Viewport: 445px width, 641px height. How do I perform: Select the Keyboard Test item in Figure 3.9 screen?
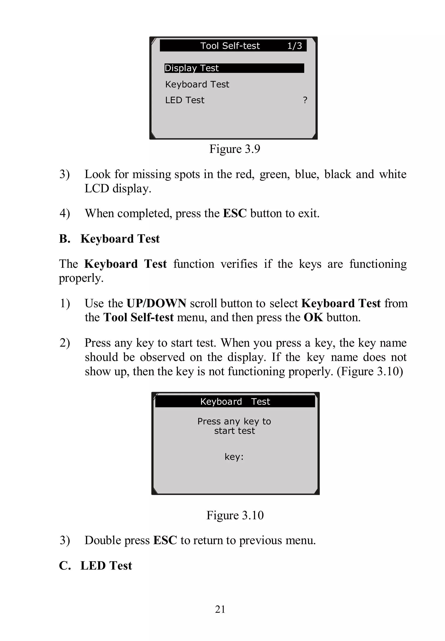[197, 84]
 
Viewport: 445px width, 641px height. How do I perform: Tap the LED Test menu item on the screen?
[184, 100]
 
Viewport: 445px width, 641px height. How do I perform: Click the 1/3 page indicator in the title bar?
[294, 46]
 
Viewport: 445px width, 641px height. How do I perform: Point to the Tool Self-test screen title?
[230, 46]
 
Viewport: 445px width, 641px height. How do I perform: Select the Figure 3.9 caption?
[235, 149]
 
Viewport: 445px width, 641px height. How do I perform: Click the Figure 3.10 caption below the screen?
[235, 515]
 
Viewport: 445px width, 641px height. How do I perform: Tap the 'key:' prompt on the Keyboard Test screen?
[234, 457]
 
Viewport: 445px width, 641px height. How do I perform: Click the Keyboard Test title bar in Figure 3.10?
[235, 401]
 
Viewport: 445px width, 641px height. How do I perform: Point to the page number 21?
[220, 609]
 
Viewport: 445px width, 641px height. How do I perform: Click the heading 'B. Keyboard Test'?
[109, 239]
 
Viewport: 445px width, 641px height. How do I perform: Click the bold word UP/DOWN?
[156, 303]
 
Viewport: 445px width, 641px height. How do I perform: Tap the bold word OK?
[313, 317]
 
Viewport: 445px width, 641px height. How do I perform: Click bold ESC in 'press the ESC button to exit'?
[235, 213]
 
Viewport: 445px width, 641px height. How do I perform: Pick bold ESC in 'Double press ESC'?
[165, 540]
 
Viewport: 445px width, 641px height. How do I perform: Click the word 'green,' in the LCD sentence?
[275, 175]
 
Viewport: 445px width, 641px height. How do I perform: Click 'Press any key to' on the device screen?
[234, 421]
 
